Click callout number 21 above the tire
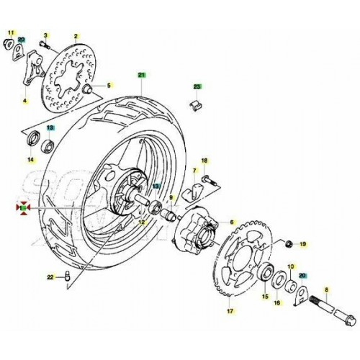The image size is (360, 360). pyautogui.click(x=142, y=76)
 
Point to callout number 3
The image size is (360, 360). pyautogui.click(x=45, y=35)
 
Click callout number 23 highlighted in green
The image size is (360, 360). pyautogui.click(x=196, y=86)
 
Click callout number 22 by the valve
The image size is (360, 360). pyautogui.click(x=50, y=276)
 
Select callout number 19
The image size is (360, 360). pyautogui.click(x=303, y=245)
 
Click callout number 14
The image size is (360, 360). pyautogui.click(x=31, y=158)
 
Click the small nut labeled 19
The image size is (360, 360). pyautogui.click(x=288, y=243)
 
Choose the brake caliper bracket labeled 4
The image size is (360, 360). pyautogui.click(x=27, y=76)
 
